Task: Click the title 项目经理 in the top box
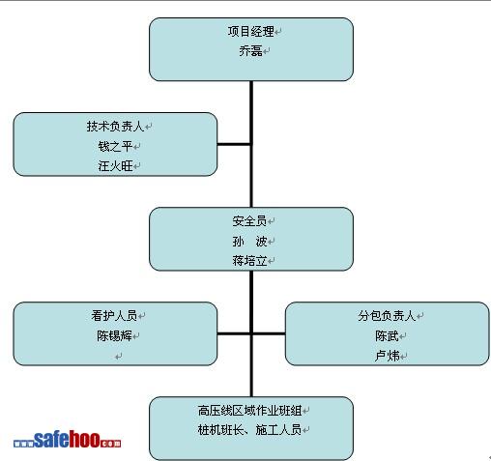click(x=250, y=32)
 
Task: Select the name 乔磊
click(x=250, y=51)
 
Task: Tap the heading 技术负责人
click(x=115, y=127)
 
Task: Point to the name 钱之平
click(x=115, y=146)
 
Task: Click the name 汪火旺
click(x=115, y=166)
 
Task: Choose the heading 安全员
click(x=249, y=221)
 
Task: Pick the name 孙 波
click(x=249, y=241)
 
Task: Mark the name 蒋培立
click(x=249, y=261)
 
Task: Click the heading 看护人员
click(x=114, y=315)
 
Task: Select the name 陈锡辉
click(x=114, y=335)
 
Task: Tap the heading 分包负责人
click(x=387, y=316)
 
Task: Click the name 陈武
click(x=387, y=336)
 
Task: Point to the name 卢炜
click(x=387, y=356)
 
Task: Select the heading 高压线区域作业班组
click(x=249, y=411)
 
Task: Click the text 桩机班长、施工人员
click(x=249, y=430)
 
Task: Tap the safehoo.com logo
click(x=67, y=439)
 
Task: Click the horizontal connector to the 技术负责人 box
click(x=234, y=144)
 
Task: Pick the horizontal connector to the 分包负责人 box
click(x=269, y=333)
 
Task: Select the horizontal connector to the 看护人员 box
click(x=234, y=333)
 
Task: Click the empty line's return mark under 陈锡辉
click(x=119, y=357)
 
